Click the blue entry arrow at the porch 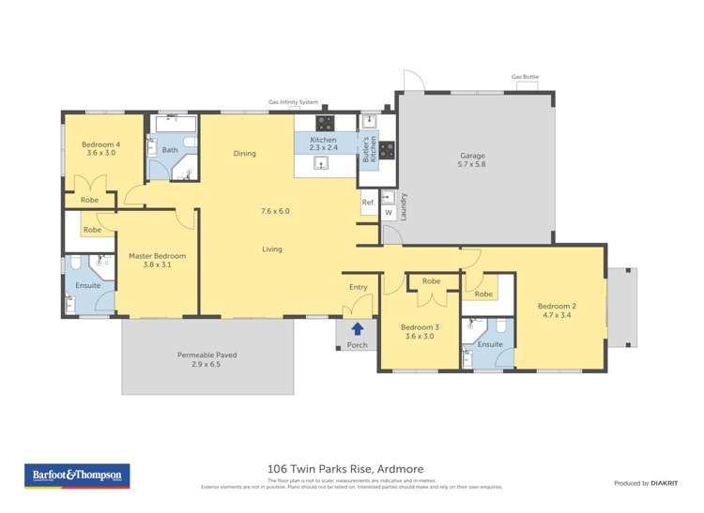[358, 328]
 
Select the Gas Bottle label [525, 77]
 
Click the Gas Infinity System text [294, 102]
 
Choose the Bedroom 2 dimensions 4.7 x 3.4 [557, 316]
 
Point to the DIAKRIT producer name [664, 483]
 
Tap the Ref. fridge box [368, 202]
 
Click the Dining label [244, 154]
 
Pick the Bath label [170, 150]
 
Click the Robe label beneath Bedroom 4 [89, 200]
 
